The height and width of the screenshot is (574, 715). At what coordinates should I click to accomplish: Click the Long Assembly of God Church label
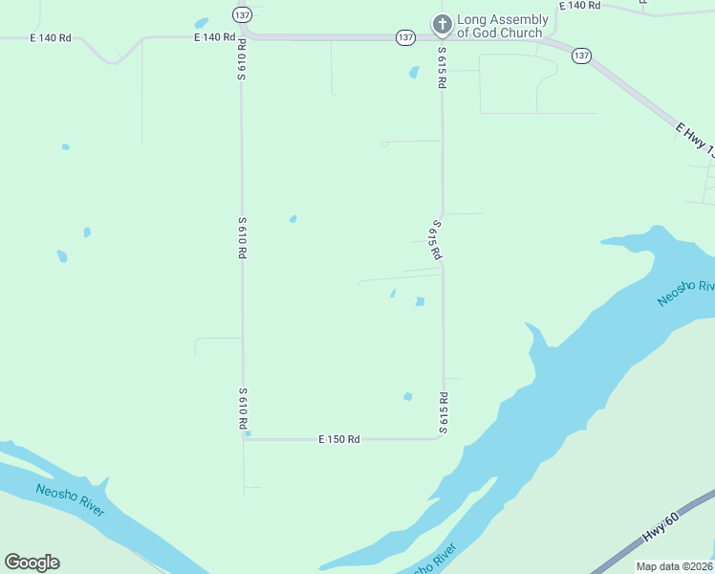tap(502, 26)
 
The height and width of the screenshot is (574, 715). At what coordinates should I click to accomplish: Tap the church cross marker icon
tap(442, 24)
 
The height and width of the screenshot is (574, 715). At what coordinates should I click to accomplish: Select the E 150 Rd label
tap(339, 439)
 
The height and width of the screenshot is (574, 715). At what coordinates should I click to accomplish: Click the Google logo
tap(32, 562)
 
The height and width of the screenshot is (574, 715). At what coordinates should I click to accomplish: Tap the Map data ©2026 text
tap(675, 566)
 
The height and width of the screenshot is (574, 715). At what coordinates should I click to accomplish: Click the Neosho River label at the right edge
tap(686, 294)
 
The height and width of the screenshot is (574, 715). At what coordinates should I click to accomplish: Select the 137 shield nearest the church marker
tap(405, 37)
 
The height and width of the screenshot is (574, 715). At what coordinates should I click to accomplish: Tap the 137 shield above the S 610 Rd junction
tap(242, 14)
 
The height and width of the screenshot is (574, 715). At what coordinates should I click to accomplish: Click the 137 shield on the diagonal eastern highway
tap(581, 55)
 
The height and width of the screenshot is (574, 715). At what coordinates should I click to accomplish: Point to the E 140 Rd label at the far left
tap(51, 38)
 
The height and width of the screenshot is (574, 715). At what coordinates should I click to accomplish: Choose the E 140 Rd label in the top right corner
tap(579, 6)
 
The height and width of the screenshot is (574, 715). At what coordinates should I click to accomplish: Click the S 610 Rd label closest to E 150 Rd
tap(243, 408)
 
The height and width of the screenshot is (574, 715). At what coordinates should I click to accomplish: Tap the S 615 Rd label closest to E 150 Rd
tap(443, 412)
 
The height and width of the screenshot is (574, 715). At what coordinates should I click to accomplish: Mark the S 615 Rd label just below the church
tap(443, 68)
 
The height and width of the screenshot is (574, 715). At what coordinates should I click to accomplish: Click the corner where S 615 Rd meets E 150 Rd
tap(442, 438)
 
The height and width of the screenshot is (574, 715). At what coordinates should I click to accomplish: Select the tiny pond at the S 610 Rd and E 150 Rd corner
tap(248, 433)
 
